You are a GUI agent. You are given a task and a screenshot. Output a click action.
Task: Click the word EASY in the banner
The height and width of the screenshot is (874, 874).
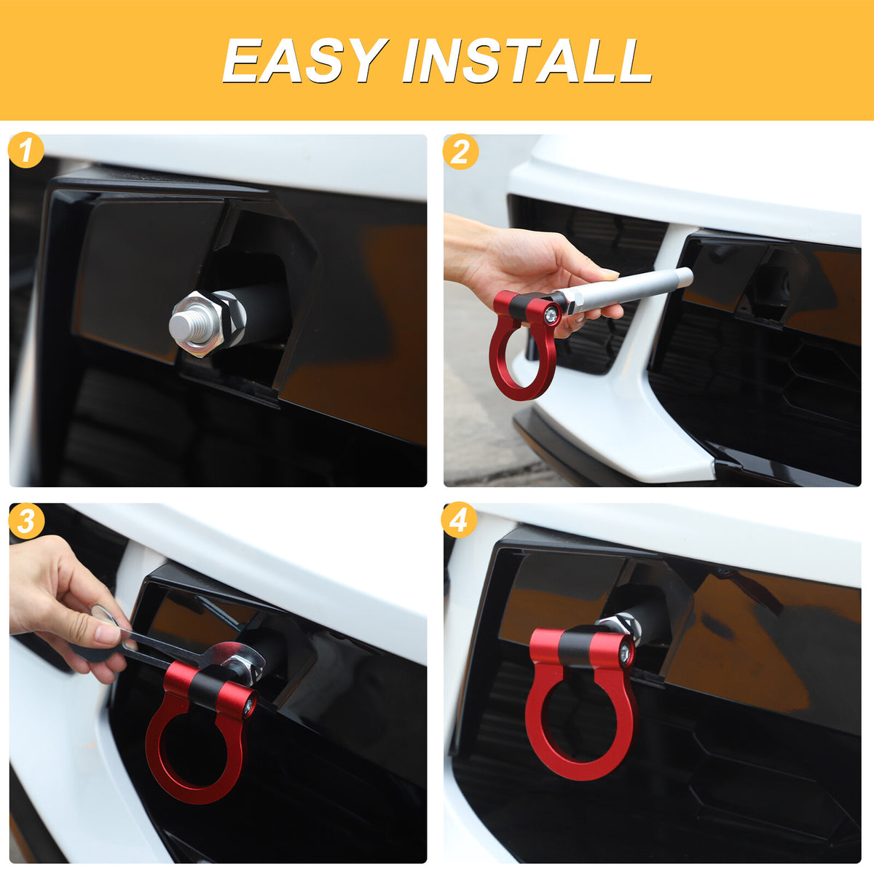(304, 60)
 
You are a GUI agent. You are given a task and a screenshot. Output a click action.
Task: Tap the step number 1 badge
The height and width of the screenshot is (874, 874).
(25, 150)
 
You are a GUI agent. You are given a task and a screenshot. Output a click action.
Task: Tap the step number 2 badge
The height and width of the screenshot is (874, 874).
(460, 151)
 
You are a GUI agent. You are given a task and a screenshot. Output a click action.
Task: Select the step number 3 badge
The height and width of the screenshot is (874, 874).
(26, 521)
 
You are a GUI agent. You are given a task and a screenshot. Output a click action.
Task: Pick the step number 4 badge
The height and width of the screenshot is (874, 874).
(459, 520)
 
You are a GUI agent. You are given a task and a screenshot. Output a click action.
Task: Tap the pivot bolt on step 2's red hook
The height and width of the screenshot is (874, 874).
(551, 313)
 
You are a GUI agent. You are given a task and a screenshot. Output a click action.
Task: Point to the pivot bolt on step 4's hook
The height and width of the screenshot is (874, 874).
(626, 653)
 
